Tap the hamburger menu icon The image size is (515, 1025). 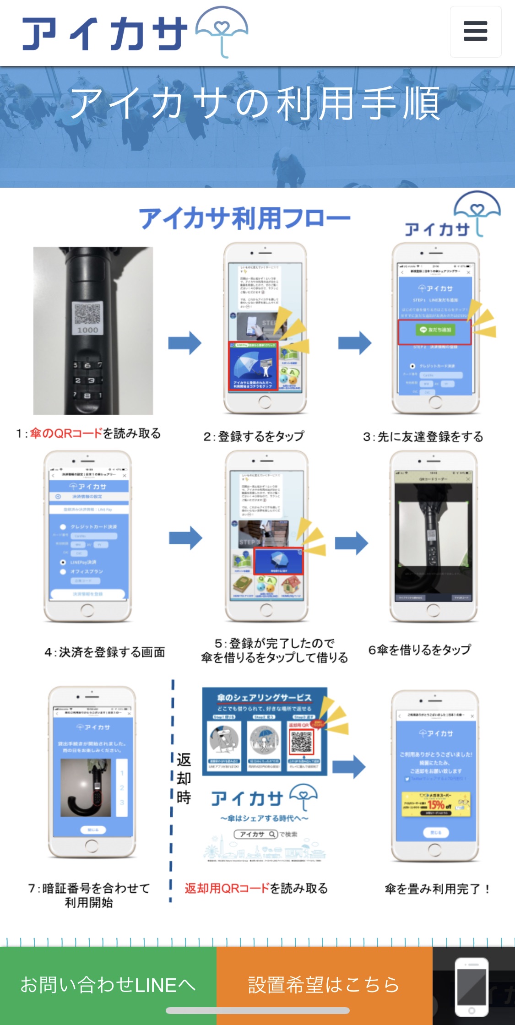click(x=475, y=32)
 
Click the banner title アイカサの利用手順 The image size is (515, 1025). click(x=255, y=103)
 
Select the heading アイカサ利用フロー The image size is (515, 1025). click(x=245, y=218)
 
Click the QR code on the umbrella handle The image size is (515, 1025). click(x=87, y=313)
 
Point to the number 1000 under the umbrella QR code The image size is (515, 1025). click(x=87, y=330)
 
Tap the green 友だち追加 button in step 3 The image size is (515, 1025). click(x=435, y=330)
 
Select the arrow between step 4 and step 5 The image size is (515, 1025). click(x=185, y=538)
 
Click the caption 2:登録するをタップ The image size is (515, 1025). click(x=254, y=436)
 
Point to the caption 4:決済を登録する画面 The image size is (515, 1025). click(x=105, y=652)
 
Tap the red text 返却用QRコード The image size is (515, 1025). click(x=227, y=889)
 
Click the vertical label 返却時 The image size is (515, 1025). click(x=184, y=778)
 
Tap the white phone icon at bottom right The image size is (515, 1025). click(x=472, y=987)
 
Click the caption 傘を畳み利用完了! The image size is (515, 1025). click(x=438, y=889)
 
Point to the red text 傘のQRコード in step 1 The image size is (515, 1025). click(x=66, y=433)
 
